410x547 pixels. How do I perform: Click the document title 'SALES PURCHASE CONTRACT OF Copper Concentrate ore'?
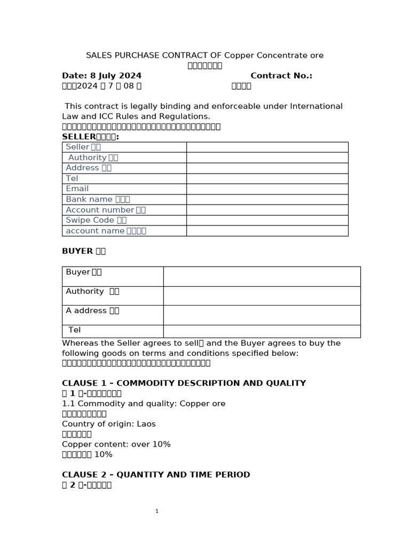pyautogui.click(x=204, y=56)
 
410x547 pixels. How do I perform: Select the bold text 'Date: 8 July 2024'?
pyautogui.click(x=101, y=76)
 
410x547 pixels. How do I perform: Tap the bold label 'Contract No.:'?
pyautogui.click(x=281, y=76)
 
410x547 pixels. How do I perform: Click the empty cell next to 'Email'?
pyautogui.click(x=267, y=189)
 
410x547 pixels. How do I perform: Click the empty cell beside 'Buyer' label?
pyautogui.click(x=262, y=276)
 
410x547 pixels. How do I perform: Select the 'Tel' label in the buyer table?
pyautogui.click(x=75, y=330)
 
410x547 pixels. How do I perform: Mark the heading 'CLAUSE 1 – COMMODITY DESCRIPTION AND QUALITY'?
pyautogui.click(x=184, y=383)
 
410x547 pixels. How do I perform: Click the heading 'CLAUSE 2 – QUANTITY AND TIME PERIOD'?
pyautogui.click(x=156, y=474)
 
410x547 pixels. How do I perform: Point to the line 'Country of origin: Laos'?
pyautogui.click(x=108, y=424)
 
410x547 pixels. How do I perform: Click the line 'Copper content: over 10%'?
pyautogui.click(x=116, y=444)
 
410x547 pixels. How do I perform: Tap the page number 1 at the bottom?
pyautogui.click(x=157, y=511)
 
